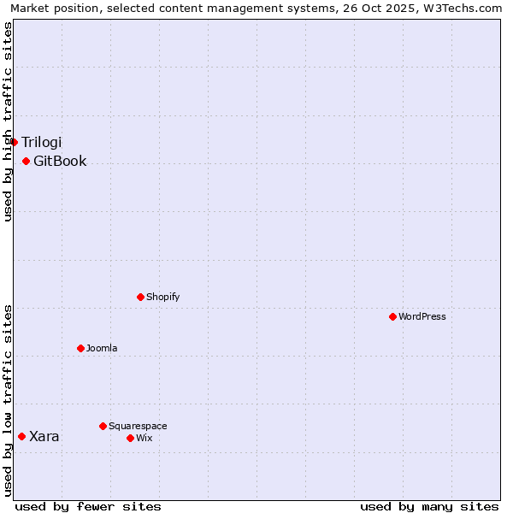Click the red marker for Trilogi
pos(15,142)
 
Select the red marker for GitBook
pos(27,161)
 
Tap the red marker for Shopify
pos(140,297)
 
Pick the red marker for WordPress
pos(392,316)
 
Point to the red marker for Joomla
pos(80,348)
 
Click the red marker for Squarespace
pos(103,426)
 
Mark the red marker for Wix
pos(130,438)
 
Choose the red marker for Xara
pos(21,436)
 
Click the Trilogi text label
pos(42,142)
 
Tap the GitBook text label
pos(60,161)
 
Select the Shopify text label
pos(162,297)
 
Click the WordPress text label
pos(422,316)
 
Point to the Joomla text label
pos(102,348)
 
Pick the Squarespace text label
pos(138,426)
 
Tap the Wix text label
pos(144,438)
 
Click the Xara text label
pos(44,436)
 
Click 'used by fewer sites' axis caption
pos(88,506)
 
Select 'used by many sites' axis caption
pos(429,506)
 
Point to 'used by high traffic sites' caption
pos(8,121)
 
